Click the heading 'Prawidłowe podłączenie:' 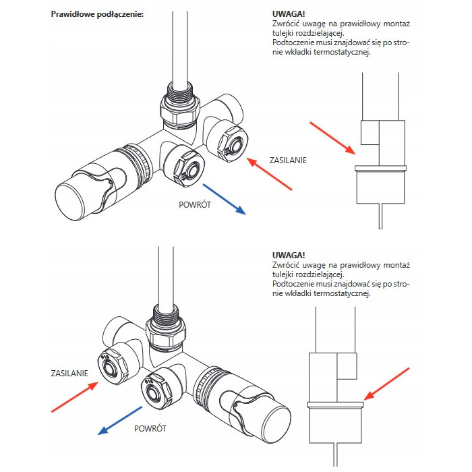coord(97,15)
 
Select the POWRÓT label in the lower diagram coord(150,427)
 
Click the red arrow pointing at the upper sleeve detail coord(332,138)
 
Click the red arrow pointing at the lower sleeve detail coord(387,384)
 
